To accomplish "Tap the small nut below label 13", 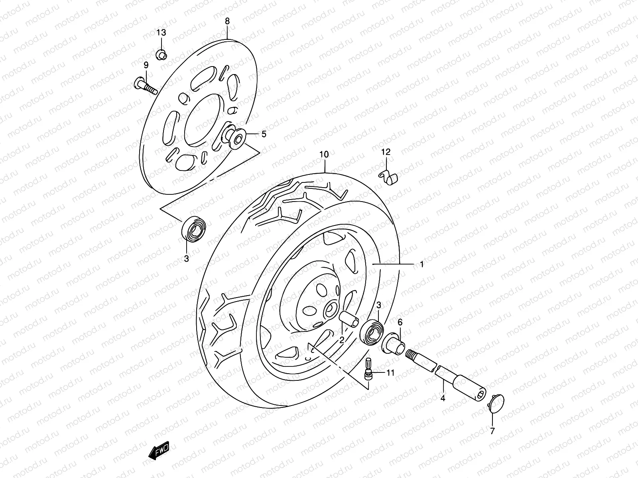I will [x=161, y=54].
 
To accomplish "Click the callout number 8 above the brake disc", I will [x=227, y=21].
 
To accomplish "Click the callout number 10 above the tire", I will [x=324, y=155].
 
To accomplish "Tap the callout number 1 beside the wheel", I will [x=421, y=264].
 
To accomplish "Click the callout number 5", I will [x=263, y=134].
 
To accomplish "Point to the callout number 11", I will [x=390, y=373].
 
